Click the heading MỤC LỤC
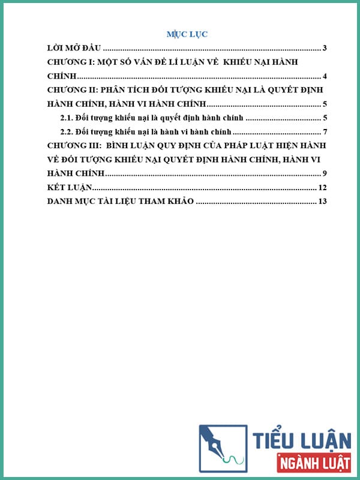click(187, 34)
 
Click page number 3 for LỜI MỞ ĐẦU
click(324, 48)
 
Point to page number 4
click(324, 76)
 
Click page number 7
click(324, 131)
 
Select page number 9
click(324, 173)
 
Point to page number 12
click(322, 188)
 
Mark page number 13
click(322, 202)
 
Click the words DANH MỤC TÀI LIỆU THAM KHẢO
click(120, 202)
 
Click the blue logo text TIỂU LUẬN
click(302, 442)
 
